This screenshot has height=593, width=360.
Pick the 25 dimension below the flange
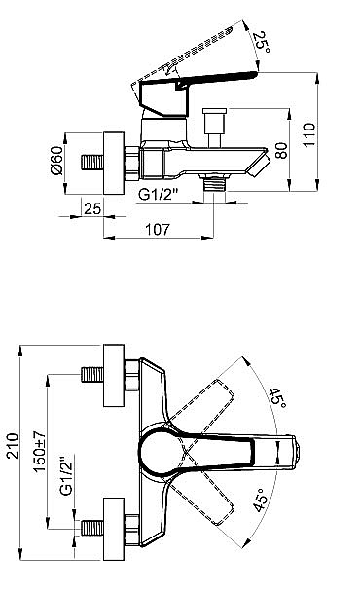93,208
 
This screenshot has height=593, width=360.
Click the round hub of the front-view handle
159,452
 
